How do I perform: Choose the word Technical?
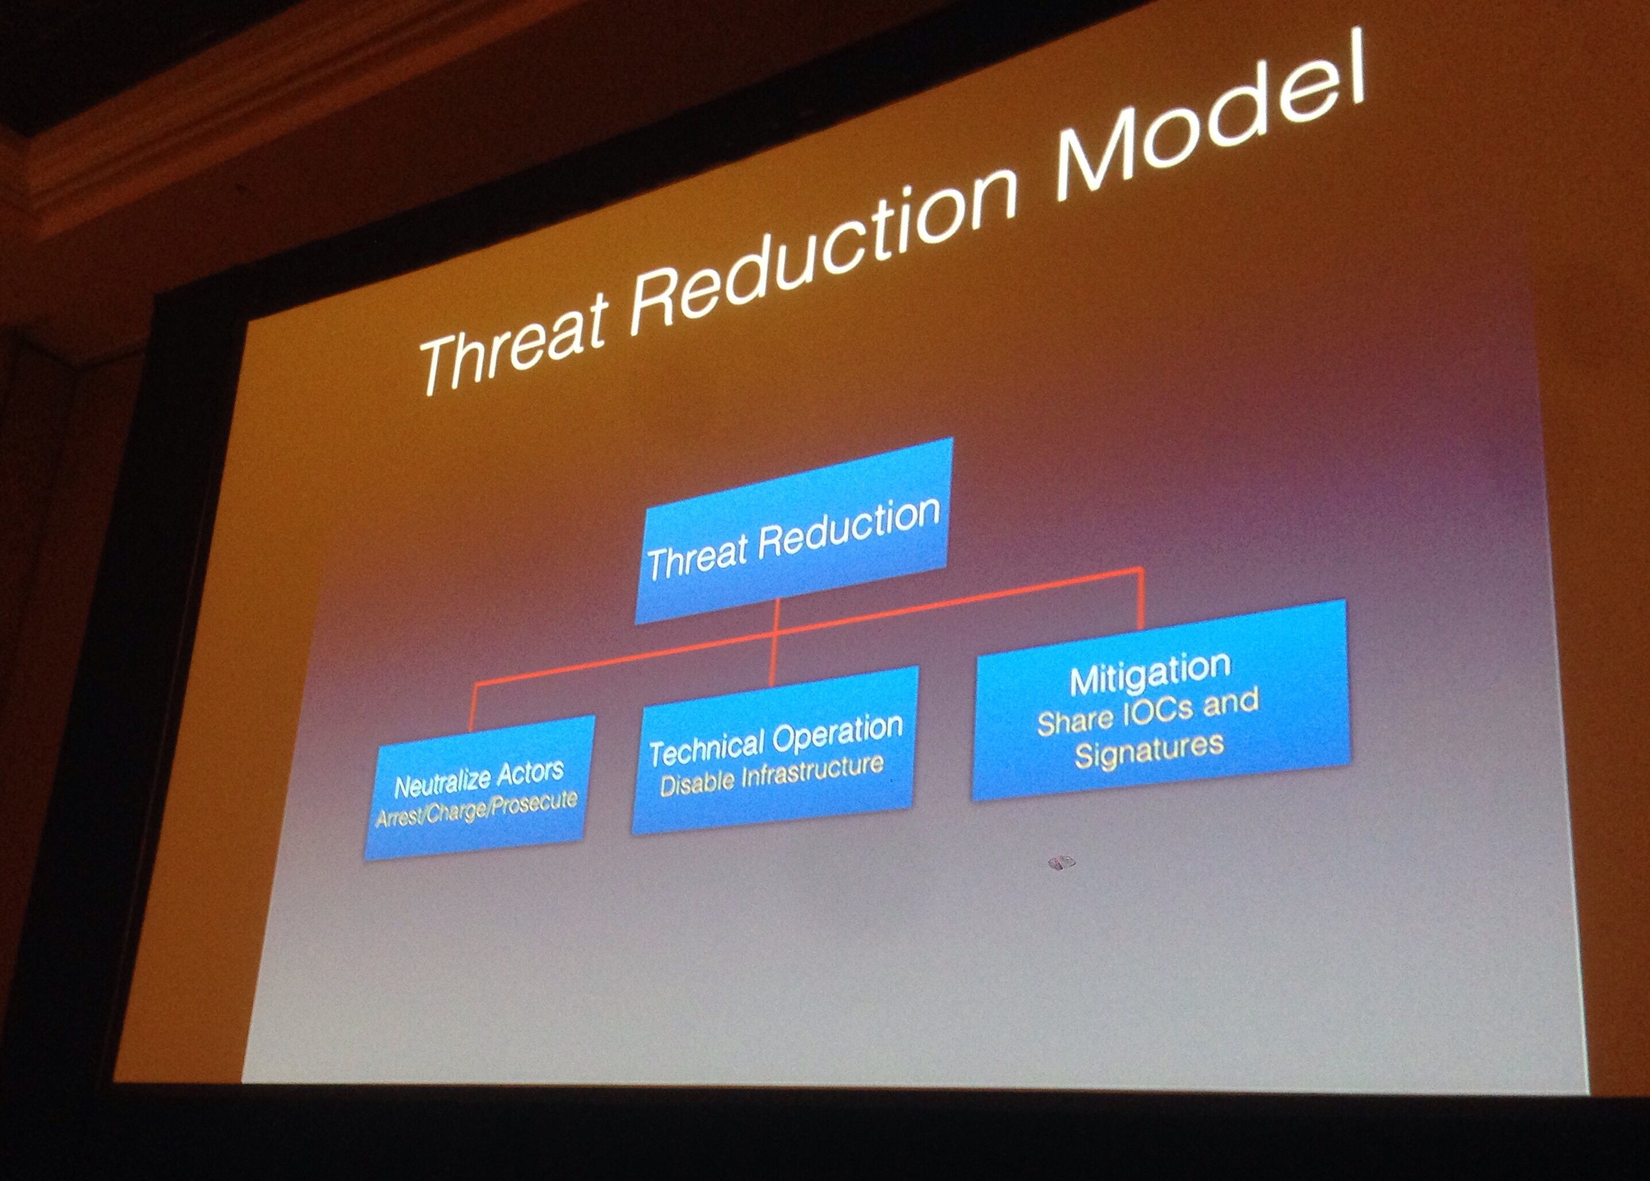[709, 748]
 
